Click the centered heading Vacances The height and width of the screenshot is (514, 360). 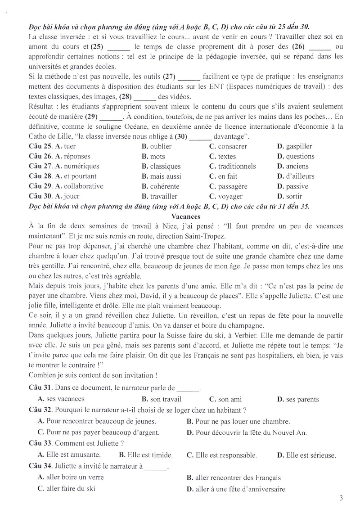click(x=180, y=216)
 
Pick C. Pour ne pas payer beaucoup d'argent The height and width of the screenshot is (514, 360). click(x=99, y=433)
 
